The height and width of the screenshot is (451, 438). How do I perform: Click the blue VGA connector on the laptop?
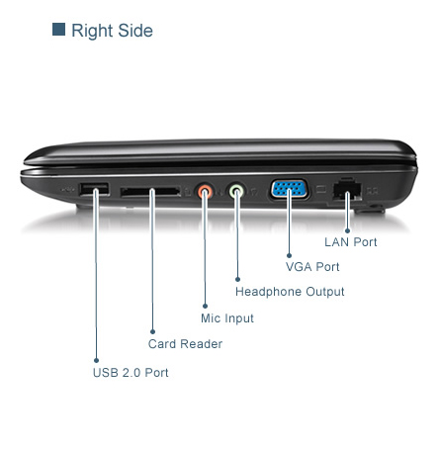click(x=290, y=189)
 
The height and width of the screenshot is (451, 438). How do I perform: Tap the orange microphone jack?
click(x=205, y=191)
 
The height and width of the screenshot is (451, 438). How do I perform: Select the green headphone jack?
click(x=236, y=191)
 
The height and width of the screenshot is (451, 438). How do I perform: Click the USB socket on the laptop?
click(x=94, y=189)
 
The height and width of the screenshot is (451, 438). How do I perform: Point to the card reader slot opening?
click(x=150, y=192)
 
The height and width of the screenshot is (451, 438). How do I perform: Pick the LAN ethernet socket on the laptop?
click(x=347, y=190)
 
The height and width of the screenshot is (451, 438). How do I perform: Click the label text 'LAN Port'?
click(x=350, y=242)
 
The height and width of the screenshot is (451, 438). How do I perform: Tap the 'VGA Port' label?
click(x=312, y=267)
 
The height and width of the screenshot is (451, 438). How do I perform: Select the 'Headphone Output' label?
click(x=290, y=292)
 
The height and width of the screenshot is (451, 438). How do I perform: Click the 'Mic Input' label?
click(x=227, y=318)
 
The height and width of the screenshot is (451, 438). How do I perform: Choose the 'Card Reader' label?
click(x=185, y=344)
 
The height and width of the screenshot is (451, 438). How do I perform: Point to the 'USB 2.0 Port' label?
click(x=131, y=373)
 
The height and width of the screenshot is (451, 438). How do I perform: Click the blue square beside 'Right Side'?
click(x=58, y=29)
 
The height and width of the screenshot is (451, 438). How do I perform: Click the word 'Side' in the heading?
click(x=135, y=31)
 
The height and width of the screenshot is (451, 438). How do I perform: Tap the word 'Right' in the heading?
click(x=92, y=32)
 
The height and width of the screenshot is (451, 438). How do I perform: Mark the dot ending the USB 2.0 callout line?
click(x=96, y=360)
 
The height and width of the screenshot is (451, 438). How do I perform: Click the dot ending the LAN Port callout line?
click(x=347, y=230)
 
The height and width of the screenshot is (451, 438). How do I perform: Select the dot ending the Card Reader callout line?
click(x=152, y=331)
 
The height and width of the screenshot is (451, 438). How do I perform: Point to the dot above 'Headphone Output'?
click(x=237, y=279)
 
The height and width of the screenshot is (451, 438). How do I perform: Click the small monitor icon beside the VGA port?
click(x=321, y=189)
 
